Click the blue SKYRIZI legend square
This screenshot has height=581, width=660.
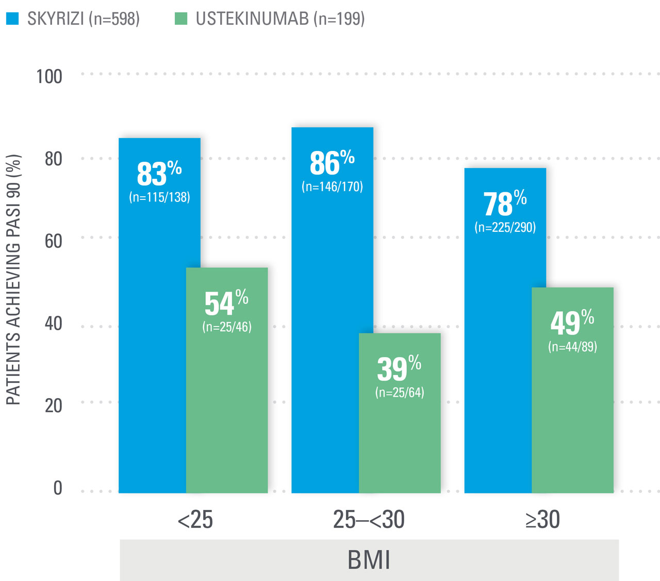12,19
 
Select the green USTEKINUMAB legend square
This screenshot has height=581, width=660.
181,19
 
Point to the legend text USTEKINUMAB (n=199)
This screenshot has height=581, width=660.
280,19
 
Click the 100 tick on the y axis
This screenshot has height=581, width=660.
49,77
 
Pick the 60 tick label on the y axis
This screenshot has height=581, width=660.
53,241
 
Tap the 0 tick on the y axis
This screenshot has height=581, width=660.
58,488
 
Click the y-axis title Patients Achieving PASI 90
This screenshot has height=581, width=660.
14,280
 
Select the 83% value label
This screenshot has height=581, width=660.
159,174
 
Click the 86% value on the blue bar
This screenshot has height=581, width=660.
332,163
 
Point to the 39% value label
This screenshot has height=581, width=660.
399,368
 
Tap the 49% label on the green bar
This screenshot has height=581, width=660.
572,322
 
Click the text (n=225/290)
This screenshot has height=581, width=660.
505,227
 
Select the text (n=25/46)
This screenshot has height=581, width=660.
227,327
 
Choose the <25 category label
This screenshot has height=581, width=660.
195,520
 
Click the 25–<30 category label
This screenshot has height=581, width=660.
369,520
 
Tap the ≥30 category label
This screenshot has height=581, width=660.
542,520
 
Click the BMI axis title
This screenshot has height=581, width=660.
369,560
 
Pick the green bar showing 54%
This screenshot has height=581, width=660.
227,402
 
